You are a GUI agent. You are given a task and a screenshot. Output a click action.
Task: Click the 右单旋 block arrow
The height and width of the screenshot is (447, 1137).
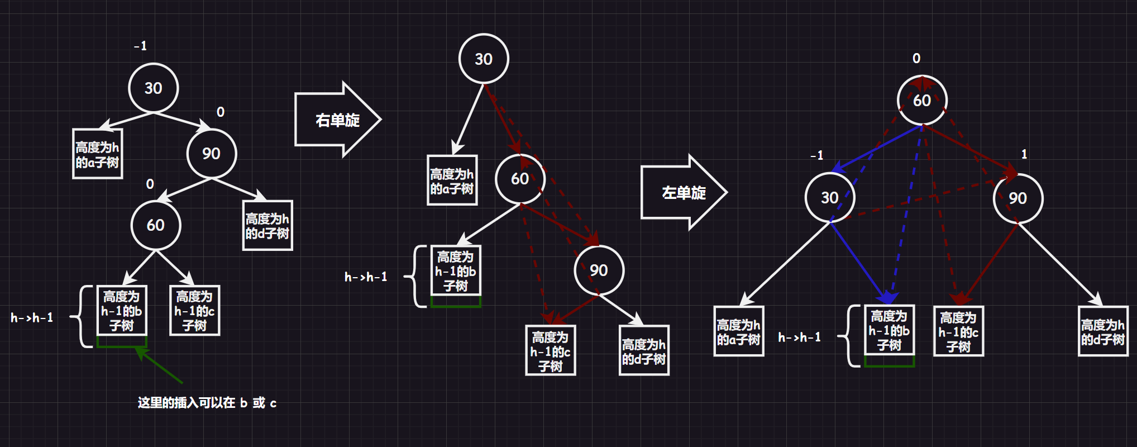click(x=337, y=120)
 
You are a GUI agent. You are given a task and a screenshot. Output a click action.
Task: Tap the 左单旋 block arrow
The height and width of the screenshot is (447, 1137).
click(x=683, y=192)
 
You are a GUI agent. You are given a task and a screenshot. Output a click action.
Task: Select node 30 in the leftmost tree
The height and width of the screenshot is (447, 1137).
click(x=153, y=88)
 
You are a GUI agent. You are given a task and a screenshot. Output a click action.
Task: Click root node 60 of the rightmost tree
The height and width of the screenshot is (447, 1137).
click(x=921, y=100)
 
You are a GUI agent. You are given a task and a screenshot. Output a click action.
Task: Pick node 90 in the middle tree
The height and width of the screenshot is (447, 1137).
click(x=599, y=270)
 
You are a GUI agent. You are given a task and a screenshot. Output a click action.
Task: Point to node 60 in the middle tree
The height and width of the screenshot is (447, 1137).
click(x=519, y=179)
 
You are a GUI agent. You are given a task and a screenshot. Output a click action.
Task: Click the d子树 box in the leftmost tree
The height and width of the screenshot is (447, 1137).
click(x=267, y=225)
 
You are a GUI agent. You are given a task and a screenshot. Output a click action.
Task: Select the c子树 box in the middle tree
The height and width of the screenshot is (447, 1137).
click(x=550, y=350)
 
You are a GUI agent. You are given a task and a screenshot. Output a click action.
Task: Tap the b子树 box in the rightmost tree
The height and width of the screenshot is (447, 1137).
click(x=888, y=330)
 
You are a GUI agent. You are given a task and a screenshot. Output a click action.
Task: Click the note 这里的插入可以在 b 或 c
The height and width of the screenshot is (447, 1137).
click(x=207, y=403)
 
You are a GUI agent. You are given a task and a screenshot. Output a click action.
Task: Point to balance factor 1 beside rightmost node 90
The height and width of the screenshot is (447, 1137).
click(x=1024, y=154)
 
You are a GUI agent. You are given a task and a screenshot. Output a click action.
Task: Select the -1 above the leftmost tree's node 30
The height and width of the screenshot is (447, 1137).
click(x=140, y=46)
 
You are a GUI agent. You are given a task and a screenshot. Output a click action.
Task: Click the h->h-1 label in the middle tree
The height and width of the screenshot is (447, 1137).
click(x=365, y=277)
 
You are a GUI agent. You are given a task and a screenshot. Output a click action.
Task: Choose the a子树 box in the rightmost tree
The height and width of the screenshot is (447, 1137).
click(x=738, y=331)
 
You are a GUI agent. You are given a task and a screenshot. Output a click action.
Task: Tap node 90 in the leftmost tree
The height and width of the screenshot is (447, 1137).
click(x=211, y=154)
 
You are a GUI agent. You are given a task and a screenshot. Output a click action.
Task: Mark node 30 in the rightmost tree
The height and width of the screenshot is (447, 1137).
click(x=829, y=197)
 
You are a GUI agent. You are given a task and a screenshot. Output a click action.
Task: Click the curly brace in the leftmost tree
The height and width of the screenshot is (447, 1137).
click(x=83, y=316)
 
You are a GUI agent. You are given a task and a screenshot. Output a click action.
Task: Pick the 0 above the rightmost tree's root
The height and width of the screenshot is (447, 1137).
click(x=916, y=58)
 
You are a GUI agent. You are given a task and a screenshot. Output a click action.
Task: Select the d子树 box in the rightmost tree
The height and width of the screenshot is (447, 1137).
click(x=1102, y=331)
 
